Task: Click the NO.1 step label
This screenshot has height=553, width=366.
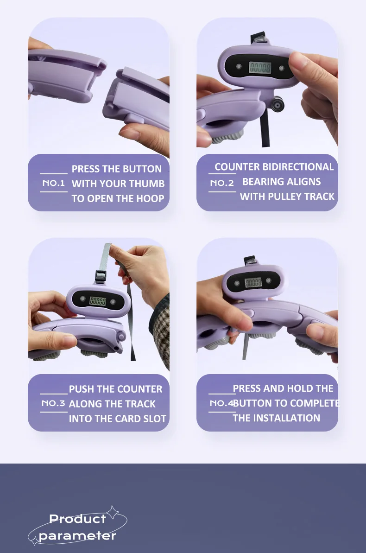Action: coord(54,183)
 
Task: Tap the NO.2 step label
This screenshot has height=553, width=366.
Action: coord(222,183)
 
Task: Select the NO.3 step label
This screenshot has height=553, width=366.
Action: coord(53,403)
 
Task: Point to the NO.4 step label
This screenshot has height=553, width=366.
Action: coord(221,403)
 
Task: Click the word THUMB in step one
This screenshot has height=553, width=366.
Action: coord(148,184)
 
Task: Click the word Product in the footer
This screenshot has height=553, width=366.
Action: coord(77,519)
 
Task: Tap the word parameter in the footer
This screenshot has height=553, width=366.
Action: coord(77,536)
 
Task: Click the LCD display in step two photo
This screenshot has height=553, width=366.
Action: coord(260,67)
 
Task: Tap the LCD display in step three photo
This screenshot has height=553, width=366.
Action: coord(98,300)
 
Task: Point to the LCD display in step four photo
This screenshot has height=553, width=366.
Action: coord(253,282)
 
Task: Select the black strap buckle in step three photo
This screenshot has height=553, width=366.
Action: coord(101,276)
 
